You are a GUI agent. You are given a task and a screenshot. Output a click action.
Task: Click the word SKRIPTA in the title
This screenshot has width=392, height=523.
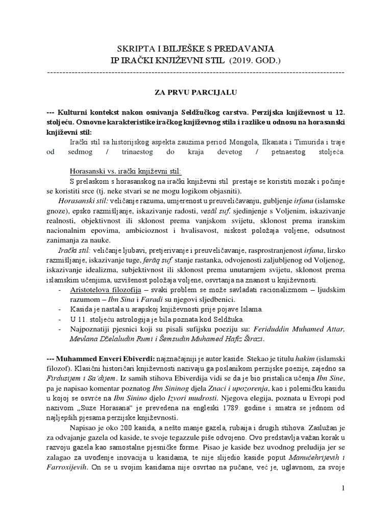click(x=135, y=49)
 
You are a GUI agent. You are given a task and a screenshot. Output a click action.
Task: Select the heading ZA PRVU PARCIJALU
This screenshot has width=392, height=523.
click(x=195, y=93)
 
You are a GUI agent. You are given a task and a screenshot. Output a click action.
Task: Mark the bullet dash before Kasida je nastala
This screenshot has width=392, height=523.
click(x=61, y=310)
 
